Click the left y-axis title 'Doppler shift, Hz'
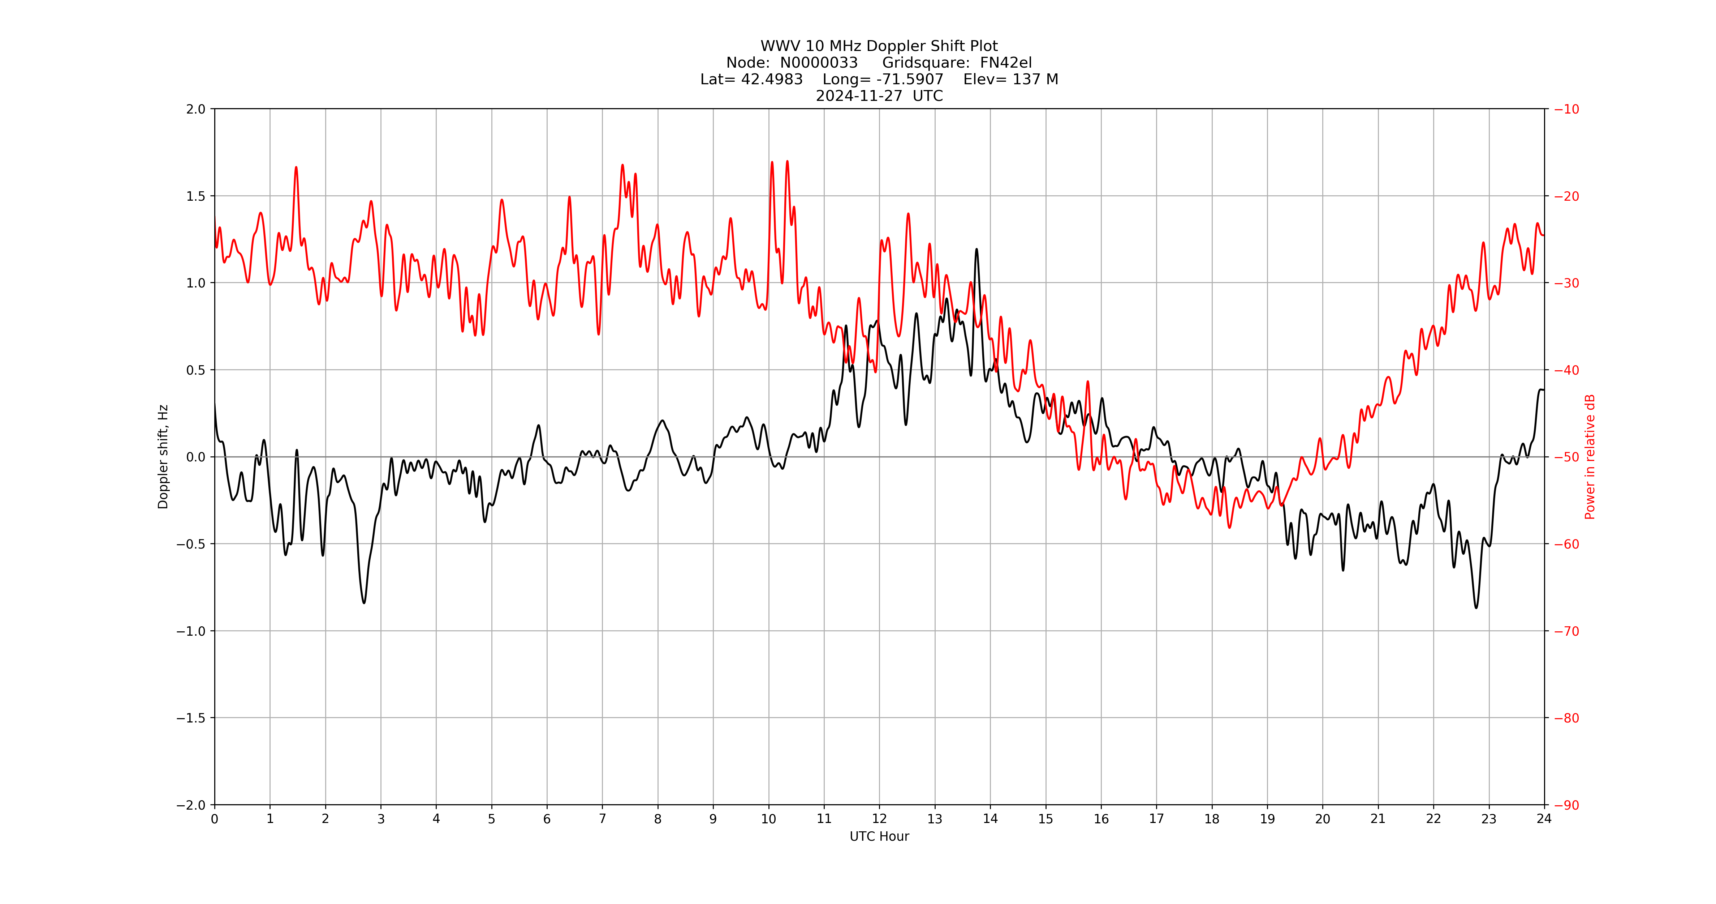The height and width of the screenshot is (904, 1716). (163, 457)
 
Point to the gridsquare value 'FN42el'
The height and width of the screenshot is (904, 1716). (1006, 63)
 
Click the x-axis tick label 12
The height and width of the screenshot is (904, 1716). (879, 819)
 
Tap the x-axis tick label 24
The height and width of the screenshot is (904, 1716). (1544, 819)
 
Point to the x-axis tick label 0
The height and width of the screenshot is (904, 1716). (215, 819)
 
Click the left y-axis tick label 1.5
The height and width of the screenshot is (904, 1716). (196, 196)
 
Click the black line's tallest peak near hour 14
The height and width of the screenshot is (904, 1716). (976, 250)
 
